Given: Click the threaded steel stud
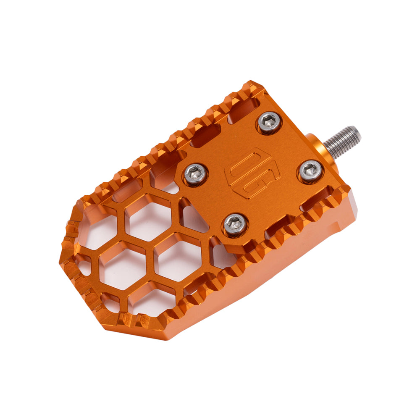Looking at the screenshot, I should (x=342, y=140).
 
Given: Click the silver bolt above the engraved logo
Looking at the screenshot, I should (x=269, y=122).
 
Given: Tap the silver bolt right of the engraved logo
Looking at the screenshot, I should (x=311, y=171).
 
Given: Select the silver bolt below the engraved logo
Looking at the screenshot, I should (x=236, y=224).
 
